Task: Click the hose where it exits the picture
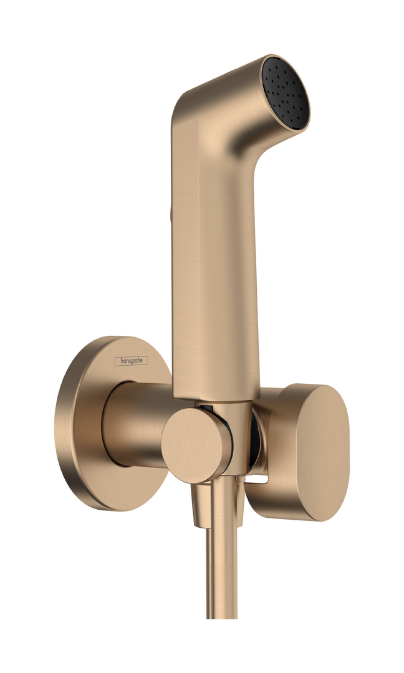coord(209,667)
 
